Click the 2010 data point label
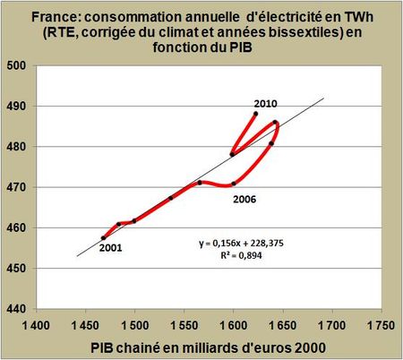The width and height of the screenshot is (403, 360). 266,104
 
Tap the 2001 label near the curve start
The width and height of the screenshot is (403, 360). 111,247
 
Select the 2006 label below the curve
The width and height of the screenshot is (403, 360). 244,199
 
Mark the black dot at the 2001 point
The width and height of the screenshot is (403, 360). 104,237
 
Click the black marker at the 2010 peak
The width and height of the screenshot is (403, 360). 256,114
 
